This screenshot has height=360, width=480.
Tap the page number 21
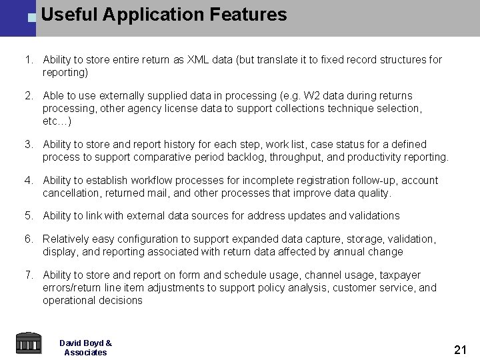pos(459,349)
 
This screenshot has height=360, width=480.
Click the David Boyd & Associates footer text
pos(85,347)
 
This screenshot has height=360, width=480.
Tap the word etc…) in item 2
pos(57,121)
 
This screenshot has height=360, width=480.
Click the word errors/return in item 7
pos(74,288)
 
